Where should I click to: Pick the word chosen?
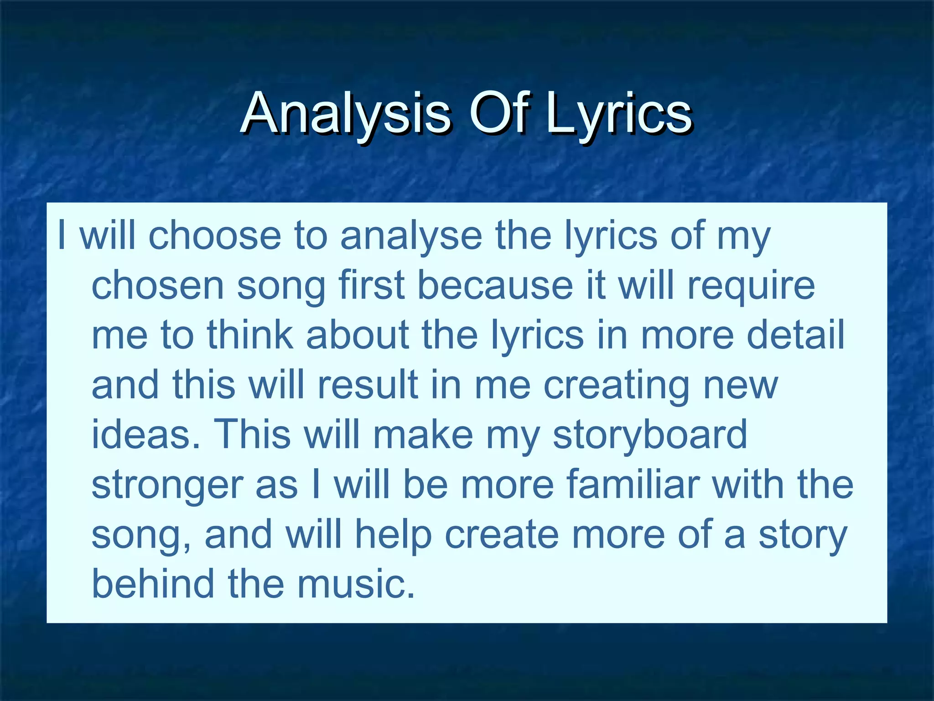pos(158,285)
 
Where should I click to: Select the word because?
pos(495,285)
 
